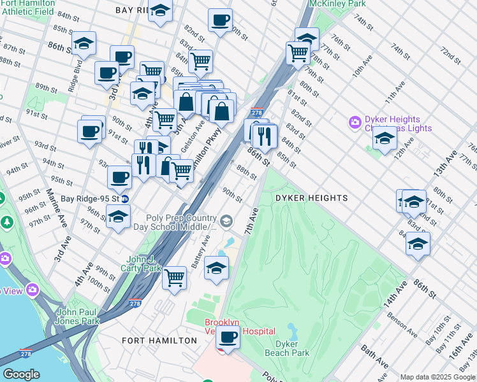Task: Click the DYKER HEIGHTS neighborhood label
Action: point(311,198)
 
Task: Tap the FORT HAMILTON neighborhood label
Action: point(159,341)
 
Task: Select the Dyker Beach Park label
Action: point(287,348)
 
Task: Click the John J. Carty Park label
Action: point(144,264)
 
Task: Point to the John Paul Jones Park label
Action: point(77,316)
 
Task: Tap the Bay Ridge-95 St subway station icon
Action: point(126,198)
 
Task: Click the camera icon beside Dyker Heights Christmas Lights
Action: point(355,121)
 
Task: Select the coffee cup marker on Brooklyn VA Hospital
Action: point(228,337)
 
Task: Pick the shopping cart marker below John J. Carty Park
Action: point(174,278)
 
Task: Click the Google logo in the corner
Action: point(21,374)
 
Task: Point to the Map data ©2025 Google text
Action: point(437,377)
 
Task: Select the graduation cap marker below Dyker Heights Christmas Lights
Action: point(385,138)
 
